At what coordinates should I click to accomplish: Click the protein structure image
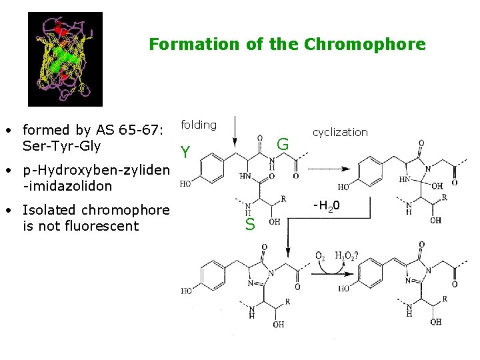(x=65, y=59)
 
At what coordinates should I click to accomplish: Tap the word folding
(x=199, y=125)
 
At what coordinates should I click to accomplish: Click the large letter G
(x=283, y=144)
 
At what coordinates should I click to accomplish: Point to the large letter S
(x=250, y=225)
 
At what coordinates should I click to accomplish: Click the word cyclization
(x=340, y=132)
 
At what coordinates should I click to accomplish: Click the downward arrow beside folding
(x=234, y=133)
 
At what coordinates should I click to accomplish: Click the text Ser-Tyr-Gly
(x=61, y=145)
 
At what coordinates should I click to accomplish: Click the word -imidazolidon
(x=67, y=186)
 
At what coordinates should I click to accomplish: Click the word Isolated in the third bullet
(x=49, y=210)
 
